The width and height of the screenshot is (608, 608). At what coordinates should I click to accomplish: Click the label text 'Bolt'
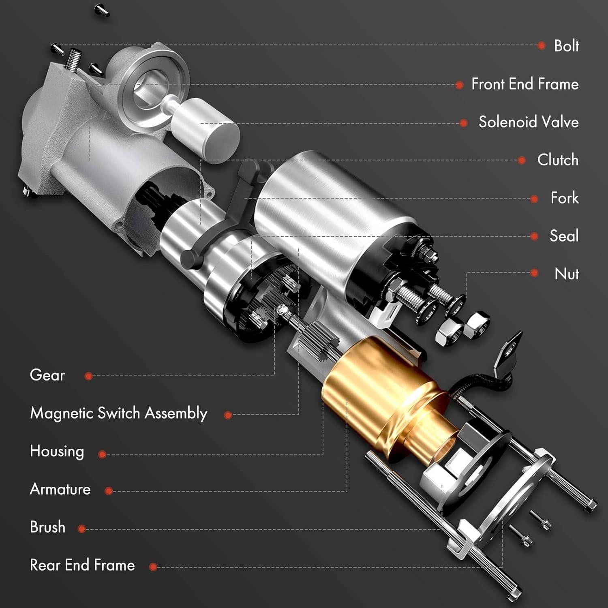pyautogui.click(x=566, y=46)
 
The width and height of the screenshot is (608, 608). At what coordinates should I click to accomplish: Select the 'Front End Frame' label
pyautogui.click(x=525, y=84)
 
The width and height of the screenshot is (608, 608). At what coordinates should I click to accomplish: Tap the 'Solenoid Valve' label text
pyautogui.click(x=529, y=122)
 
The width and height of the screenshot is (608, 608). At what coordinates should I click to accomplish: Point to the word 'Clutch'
pyautogui.click(x=558, y=160)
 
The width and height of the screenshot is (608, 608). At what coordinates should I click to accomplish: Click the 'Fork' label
pyautogui.click(x=565, y=198)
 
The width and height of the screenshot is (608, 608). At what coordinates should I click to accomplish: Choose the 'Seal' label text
pyautogui.click(x=564, y=235)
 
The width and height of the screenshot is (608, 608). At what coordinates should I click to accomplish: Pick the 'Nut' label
pyautogui.click(x=567, y=274)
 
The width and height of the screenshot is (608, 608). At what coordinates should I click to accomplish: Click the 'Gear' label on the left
pyautogui.click(x=47, y=375)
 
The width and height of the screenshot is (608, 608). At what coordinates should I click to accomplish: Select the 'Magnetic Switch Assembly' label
pyautogui.click(x=119, y=413)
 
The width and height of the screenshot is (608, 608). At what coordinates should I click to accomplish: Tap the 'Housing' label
pyautogui.click(x=57, y=452)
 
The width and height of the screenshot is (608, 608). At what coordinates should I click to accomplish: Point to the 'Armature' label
pyautogui.click(x=60, y=489)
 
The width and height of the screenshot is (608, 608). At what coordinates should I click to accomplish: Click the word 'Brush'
pyautogui.click(x=47, y=527)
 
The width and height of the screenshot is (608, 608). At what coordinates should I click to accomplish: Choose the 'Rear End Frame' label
pyautogui.click(x=82, y=565)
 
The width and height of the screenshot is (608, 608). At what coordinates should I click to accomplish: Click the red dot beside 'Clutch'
pyautogui.click(x=522, y=161)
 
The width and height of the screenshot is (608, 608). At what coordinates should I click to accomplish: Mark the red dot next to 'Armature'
pyautogui.click(x=108, y=491)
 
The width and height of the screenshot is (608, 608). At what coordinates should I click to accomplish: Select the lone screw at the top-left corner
pyautogui.click(x=102, y=10)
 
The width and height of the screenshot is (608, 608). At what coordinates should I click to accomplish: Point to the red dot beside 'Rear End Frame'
pyautogui.click(x=153, y=567)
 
